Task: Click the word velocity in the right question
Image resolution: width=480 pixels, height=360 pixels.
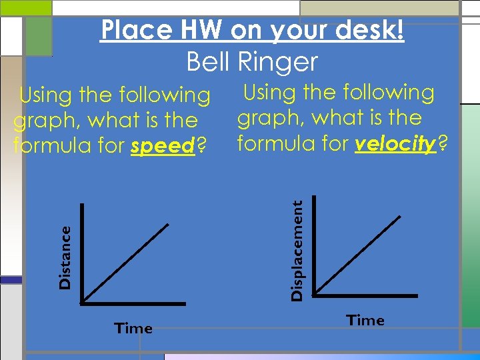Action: click(x=395, y=143)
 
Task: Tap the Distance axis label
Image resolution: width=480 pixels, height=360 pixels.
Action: click(x=65, y=257)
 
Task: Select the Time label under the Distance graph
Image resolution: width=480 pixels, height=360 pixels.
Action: click(x=133, y=328)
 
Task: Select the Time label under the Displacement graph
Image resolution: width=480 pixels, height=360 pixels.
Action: click(x=365, y=321)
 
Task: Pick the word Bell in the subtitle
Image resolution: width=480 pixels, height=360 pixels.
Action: click(x=209, y=62)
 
